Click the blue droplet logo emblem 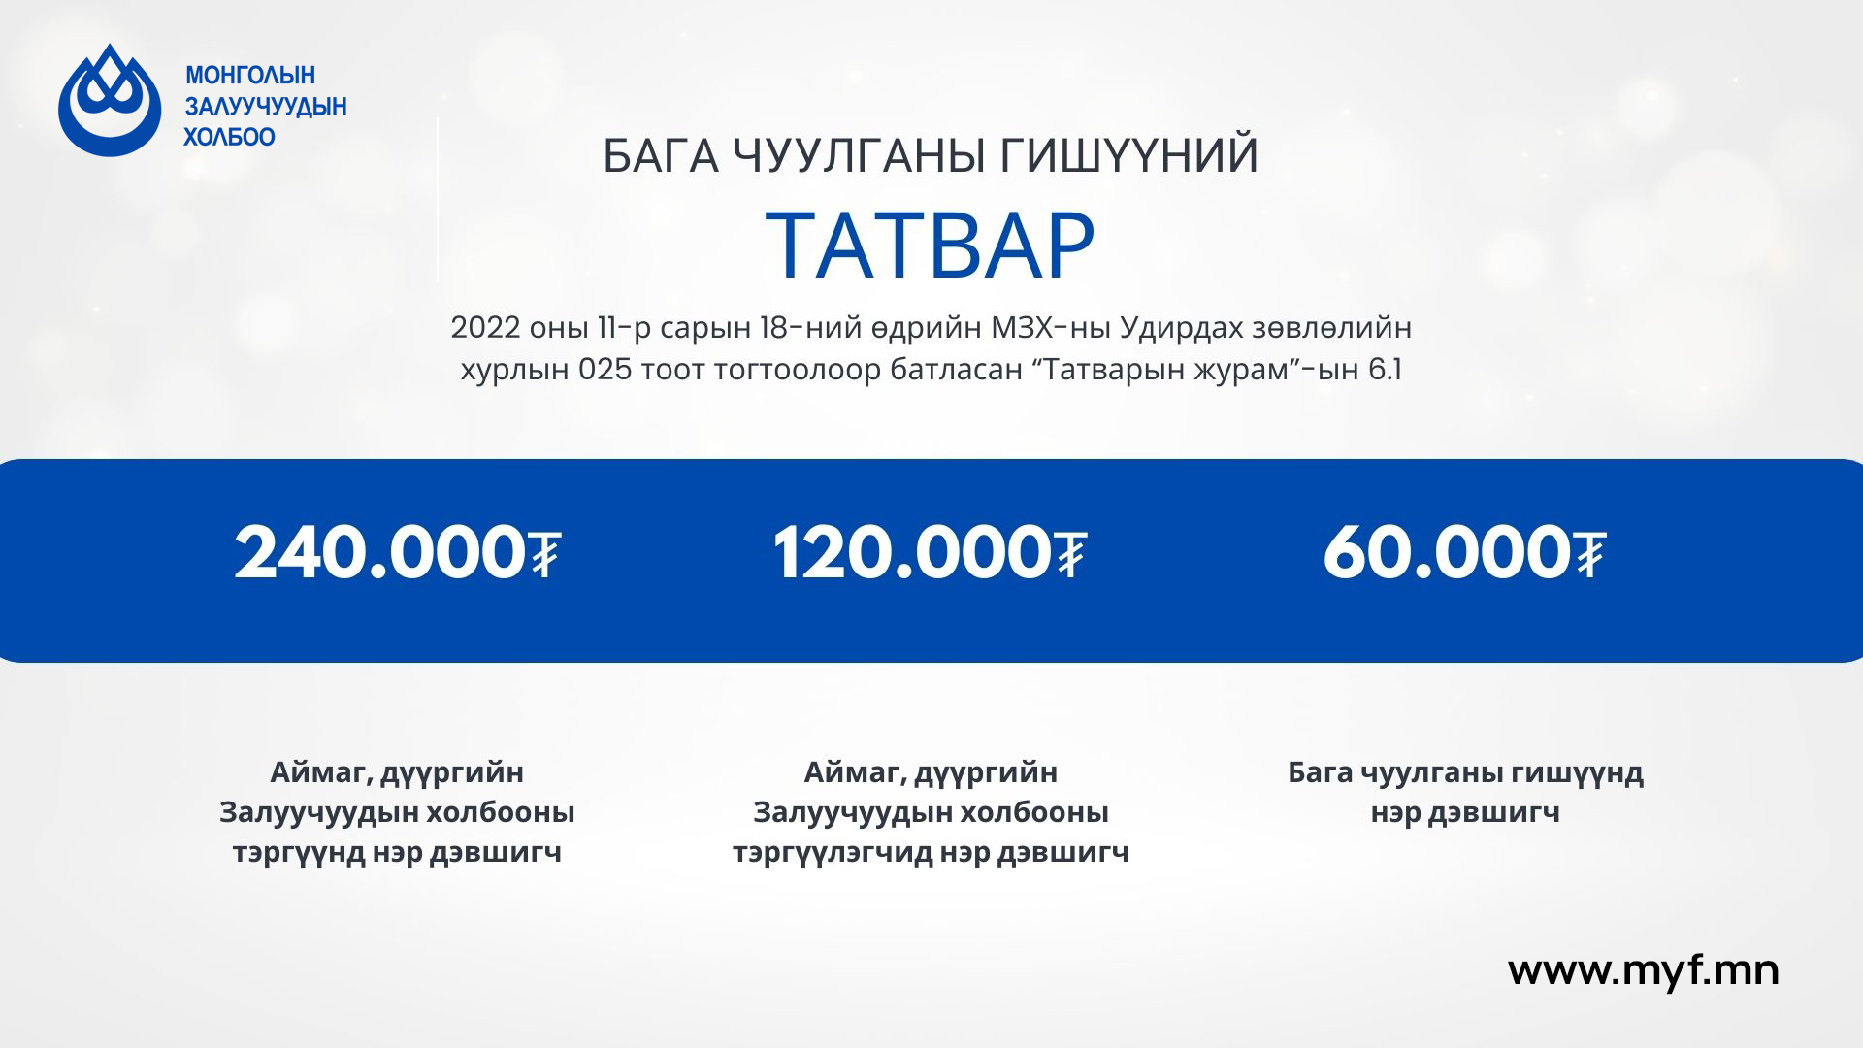pos(110,101)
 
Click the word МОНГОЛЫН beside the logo pos(250,76)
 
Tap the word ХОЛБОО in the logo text pos(230,137)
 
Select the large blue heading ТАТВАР pos(931,246)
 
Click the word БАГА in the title pos(662,157)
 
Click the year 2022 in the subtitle pos(486,328)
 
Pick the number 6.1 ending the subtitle pos(1385,371)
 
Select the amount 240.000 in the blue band pos(380,553)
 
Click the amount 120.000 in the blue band pos(912,553)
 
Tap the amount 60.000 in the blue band pos(1447,553)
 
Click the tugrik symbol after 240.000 pos(545,553)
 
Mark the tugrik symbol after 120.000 pos(1070,553)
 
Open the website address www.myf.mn pos(1644,971)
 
